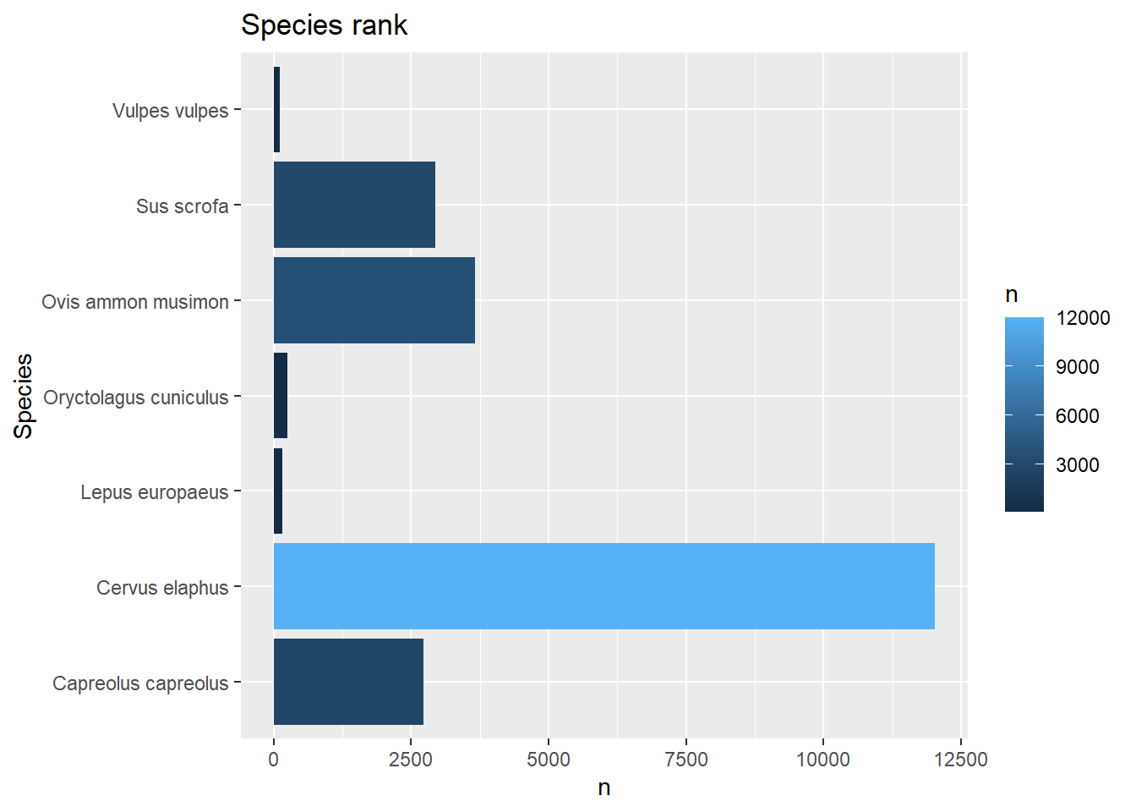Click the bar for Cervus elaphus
603,586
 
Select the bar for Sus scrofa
354,205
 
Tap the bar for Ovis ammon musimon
374,300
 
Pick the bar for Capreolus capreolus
348,682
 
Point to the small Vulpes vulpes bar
276,110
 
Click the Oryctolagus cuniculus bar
281,396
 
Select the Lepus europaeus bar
278,491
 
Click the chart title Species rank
324,25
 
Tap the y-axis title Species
24,396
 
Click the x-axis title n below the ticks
603,787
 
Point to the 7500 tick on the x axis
685,760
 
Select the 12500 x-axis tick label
961,760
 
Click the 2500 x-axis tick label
411,760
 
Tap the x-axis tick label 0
273,760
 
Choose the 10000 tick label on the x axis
823,760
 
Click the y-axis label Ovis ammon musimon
135,302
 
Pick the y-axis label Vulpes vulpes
170,111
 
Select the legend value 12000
1083,318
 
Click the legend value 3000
1077,464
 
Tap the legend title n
1012,295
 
